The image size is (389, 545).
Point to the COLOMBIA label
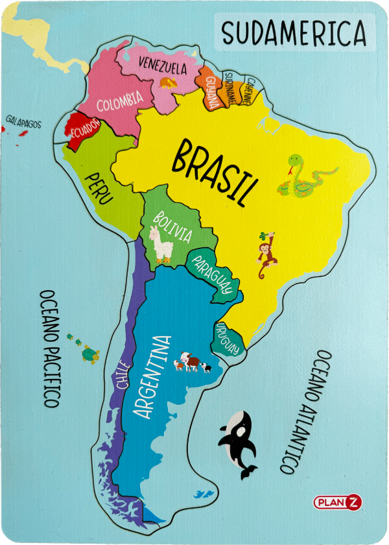pyautogui.click(x=120, y=101)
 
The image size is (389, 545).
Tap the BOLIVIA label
pyautogui.click(x=172, y=226)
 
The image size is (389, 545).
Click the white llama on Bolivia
pyautogui.click(x=159, y=245)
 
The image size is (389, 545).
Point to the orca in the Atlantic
pyautogui.click(x=238, y=441)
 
